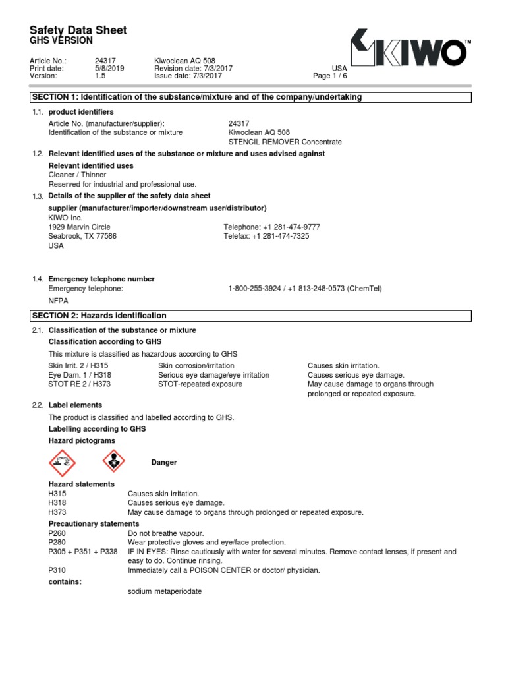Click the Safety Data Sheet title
78,30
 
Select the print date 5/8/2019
109,68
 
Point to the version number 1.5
100,76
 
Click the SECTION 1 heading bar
251,98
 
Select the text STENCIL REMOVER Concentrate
285,142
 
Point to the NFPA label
59,301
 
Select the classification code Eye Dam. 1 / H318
78,375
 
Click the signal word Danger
164,463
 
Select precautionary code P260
57,533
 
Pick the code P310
57,570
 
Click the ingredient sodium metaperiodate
165,591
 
